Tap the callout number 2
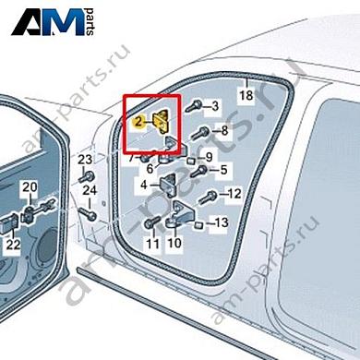click(138, 121)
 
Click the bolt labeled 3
click(194, 109)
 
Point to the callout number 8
click(222, 132)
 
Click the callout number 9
click(209, 156)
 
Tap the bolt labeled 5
click(200, 171)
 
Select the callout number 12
click(234, 194)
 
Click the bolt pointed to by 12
click(211, 196)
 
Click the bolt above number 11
click(150, 224)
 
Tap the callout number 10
click(174, 245)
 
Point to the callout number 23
click(86, 162)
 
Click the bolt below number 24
click(91, 214)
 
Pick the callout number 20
click(30, 188)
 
